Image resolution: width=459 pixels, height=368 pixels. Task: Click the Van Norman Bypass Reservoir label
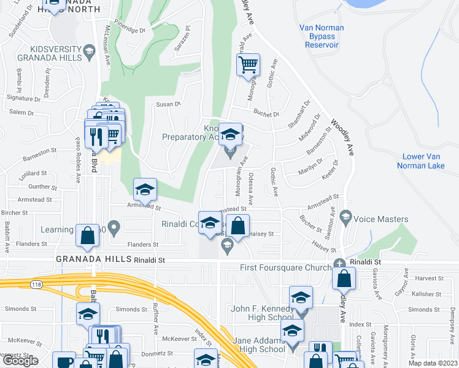pos(322,36)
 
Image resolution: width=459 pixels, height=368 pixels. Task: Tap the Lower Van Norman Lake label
pos(428,161)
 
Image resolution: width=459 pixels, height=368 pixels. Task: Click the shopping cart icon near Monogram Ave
pos(248,64)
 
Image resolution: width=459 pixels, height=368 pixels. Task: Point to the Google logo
pos(20,361)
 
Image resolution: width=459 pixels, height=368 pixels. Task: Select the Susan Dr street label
pos(168,104)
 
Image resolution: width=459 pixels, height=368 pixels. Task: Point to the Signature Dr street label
pos(23,98)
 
